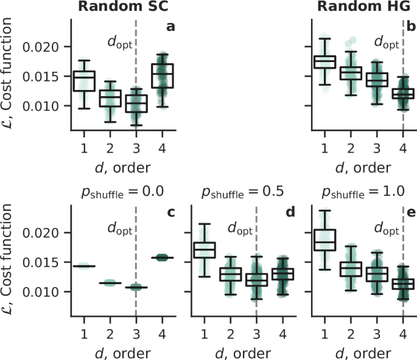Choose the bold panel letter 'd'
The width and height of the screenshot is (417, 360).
pos(290,213)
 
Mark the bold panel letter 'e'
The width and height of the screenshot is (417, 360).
pos(410,213)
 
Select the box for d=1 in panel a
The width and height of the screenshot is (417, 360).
pos(84,81)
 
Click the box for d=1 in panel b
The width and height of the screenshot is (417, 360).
pos(324,61)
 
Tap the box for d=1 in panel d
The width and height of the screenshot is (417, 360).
pos(205,249)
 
